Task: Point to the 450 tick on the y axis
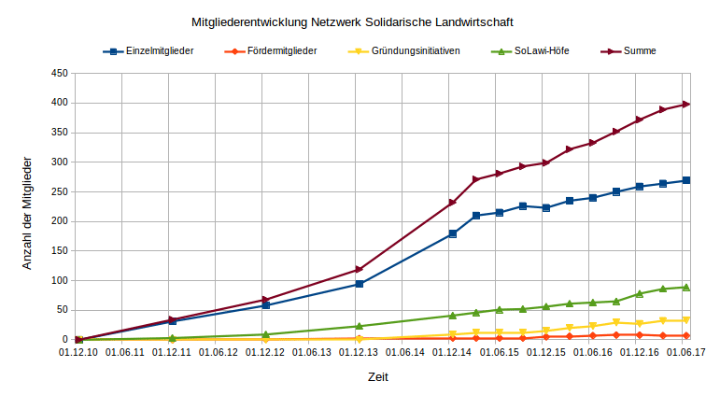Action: coord(60,73)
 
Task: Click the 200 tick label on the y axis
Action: coord(60,221)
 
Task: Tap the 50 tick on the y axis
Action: coord(63,310)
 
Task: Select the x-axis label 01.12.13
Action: coord(359,353)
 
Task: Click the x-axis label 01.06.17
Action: coord(685,353)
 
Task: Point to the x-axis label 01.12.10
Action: coord(78,353)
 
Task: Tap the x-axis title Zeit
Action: coord(377,378)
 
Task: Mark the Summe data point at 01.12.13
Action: coord(359,270)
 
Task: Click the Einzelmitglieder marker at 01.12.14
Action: coord(452,233)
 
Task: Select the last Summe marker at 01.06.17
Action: coord(685,104)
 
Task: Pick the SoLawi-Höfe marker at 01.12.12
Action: coord(265,334)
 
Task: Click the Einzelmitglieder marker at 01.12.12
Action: coord(265,305)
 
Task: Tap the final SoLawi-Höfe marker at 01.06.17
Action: coord(685,287)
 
